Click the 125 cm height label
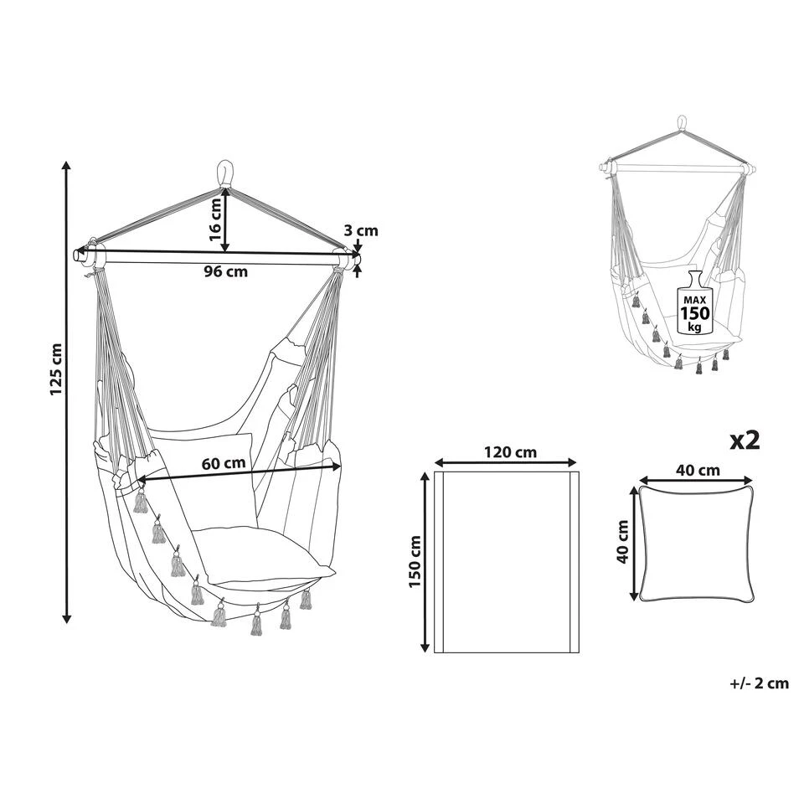[56, 369]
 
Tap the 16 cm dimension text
[216, 220]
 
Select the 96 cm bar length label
[225, 271]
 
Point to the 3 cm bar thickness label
[361, 231]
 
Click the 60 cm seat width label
[224, 463]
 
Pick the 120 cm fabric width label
[510, 452]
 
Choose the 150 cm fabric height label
[415, 561]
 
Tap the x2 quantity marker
[745, 441]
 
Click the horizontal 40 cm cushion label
[698, 470]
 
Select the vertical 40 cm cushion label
[623, 542]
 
